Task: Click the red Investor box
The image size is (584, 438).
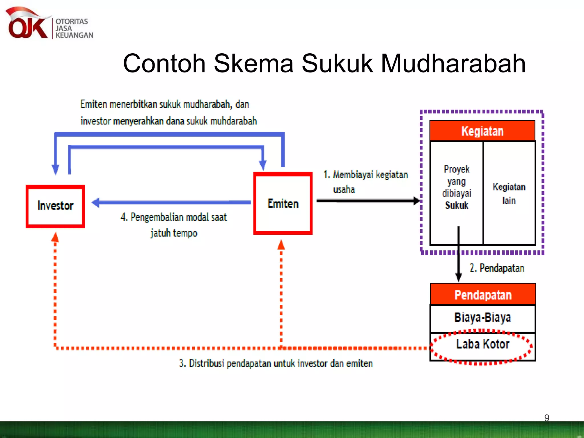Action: (55, 206)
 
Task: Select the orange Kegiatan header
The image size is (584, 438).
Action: (482, 131)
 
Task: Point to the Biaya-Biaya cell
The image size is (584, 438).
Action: (482, 318)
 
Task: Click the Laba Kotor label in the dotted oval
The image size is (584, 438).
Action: (482, 344)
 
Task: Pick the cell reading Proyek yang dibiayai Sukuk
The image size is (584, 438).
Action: (456, 187)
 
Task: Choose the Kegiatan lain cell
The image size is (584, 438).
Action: (509, 193)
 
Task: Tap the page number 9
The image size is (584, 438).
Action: (546, 418)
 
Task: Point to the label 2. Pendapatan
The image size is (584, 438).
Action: (496, 268)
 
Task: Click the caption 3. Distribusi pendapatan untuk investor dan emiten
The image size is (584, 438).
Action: (276, 364)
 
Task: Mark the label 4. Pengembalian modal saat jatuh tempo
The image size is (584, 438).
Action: (173, 225)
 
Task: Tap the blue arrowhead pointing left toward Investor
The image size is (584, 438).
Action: (96, 202)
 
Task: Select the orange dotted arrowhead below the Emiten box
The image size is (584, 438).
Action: (281, 245)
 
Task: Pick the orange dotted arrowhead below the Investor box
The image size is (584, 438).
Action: (55, 237)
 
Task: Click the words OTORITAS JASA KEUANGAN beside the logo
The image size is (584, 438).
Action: (74, 28)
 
